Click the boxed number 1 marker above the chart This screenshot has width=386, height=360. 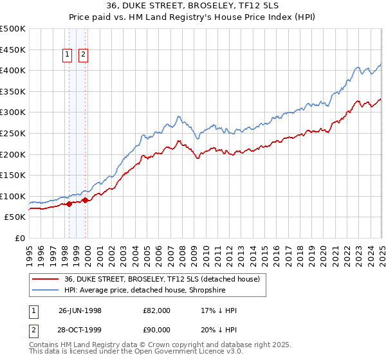pos(68,55)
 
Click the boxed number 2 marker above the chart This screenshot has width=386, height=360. pos(84,55)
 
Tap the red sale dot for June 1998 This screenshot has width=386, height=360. pos(69,204)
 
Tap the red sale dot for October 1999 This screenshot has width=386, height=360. pos(85,200)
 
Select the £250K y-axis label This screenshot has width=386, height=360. pos(13,133)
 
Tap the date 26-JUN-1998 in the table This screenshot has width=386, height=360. pos(80,310)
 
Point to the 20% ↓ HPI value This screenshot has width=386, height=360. pos(219,331)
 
